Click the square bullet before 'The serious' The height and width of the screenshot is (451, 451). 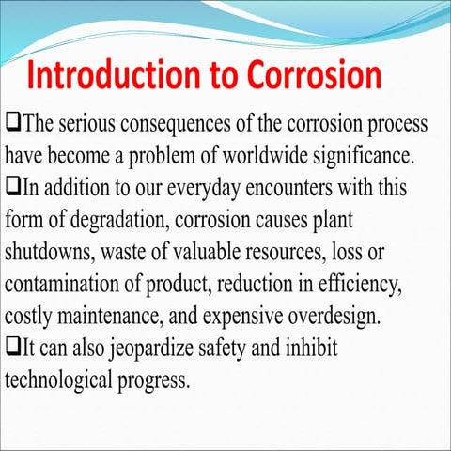click(x=12, y=122)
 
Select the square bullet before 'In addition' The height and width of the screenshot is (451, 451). click(x=12, y=186)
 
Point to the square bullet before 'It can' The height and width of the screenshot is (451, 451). click(x=12, y=348)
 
